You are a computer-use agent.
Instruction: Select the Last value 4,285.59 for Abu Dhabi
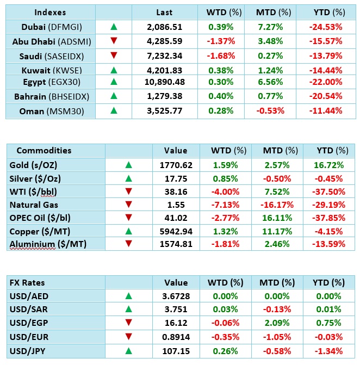tap(164, 40)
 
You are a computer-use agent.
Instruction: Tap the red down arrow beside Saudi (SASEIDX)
tap(113, 55)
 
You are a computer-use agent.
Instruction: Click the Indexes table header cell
tap(50, 12)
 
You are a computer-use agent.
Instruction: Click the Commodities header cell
tap(44, 151)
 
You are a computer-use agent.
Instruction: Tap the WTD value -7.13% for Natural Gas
tap(224, 205)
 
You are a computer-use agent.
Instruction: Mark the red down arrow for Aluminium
tap(128, 245)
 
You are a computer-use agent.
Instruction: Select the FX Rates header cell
tap(27, 283)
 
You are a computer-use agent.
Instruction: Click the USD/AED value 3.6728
tap(175, 296)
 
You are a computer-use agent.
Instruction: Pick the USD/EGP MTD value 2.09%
tap(277, 323)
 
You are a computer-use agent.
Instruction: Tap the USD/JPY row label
tap(28, 350)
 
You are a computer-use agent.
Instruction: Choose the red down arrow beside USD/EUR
tap(128, 337)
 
